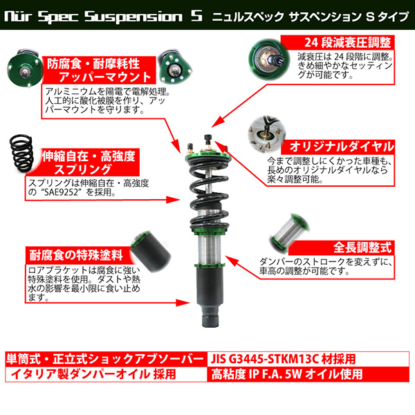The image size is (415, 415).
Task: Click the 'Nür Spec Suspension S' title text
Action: coord(103,16)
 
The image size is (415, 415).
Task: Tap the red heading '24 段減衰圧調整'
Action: coord(347,42)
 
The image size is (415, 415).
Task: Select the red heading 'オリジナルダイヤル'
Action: coord(342,147)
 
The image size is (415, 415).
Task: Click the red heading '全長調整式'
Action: coord(362,248)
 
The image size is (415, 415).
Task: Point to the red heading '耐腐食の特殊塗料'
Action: coord(76,255)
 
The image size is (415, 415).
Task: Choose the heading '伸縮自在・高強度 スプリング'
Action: coord(89,163)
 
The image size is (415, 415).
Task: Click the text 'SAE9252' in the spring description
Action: coord(61,192)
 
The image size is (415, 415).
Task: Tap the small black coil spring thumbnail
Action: coord(21,153)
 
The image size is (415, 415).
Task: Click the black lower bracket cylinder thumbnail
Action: coord(151,252)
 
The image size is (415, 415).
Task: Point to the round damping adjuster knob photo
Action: coord(269,59)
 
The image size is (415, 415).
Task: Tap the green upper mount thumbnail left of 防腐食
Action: coord(25,68)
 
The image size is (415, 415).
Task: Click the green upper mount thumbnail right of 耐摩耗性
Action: coord(174,66)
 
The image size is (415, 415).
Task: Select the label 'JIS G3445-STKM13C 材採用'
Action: coord(283,359)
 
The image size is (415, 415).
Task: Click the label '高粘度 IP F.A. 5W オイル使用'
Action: coord(286,374)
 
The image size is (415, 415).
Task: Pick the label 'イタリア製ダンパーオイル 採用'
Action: coord(93,374)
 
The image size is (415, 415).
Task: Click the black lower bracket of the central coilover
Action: coord(208,295)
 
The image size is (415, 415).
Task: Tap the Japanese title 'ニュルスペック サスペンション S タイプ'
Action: coord(310,17)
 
